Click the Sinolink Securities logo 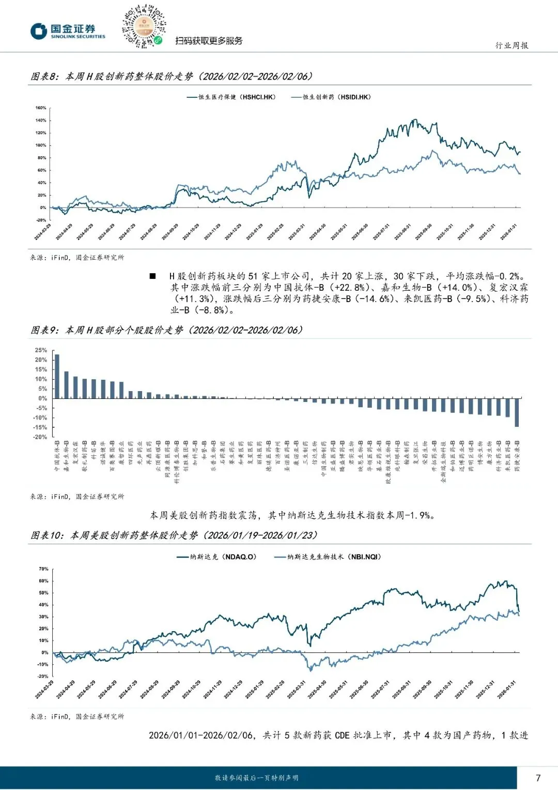coord(68,31)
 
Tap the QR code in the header coord(144,26)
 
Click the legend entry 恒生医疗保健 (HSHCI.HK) coord(231,97)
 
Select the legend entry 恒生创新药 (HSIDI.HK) coord(331,97)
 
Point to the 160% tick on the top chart coord(41,108)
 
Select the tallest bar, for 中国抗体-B coord(57,376)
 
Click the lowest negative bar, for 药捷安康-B coord(517,412)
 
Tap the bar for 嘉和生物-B coord(66,385)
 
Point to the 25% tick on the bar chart coord(41,350)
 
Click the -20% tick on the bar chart coord(40,437)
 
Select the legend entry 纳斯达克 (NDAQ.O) coord(216,557)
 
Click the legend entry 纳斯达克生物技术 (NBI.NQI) coord(328,557)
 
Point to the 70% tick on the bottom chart coord(43,569)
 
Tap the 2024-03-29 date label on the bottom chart coord(44,690)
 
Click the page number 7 coord(538,778)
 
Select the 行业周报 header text coord(512,46)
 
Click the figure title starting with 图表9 coord(166,330)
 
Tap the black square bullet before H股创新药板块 coord(152,276)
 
